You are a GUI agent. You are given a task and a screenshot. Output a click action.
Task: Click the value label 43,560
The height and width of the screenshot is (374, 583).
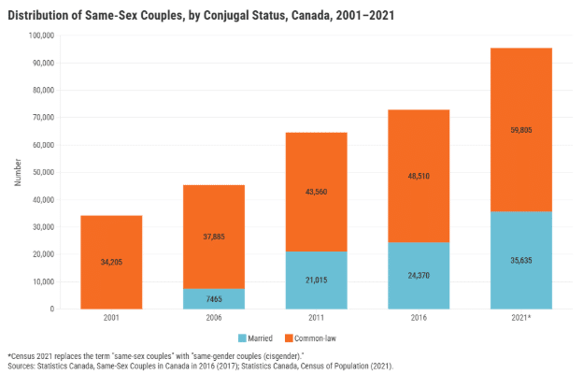[x=316, y=192]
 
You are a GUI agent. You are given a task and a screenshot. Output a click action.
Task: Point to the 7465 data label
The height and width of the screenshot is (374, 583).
[x=214, y=298]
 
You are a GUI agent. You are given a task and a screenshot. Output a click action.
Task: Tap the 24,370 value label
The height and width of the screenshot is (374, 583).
[x=419, y=276]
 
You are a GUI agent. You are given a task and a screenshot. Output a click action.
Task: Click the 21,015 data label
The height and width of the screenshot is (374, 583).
[x=316, y=280]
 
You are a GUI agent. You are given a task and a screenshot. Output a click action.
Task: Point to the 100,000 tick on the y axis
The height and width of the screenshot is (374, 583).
[x=42, y=36]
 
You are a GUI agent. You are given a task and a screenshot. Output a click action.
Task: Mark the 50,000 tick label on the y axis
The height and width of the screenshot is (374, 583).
[x=44, y=172]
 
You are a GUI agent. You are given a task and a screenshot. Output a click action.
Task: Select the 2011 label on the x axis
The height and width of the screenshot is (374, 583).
[x=316, y=318]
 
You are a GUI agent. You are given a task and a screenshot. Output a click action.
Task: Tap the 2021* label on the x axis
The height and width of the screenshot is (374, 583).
[x=521, y=318]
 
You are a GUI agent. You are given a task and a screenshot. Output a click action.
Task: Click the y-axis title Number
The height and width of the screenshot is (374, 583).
[x=18, y=172]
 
